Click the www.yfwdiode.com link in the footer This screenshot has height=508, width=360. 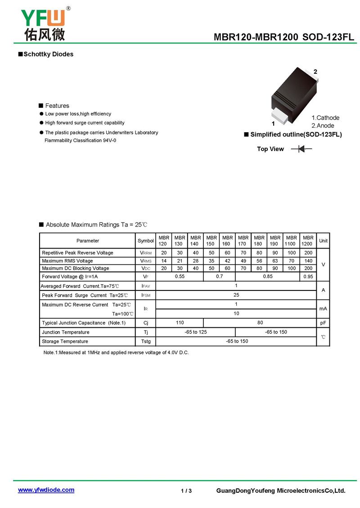pyautogui.click(x=46, y=490)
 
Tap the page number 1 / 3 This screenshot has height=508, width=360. pyautogui.click(x=186, y=490)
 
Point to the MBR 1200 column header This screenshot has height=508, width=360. pyautogui.click(x=308, y=241)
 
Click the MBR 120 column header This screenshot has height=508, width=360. pyautogui.click(x=163, y=241)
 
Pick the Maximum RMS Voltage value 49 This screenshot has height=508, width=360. pyautogui.click(x=243, y=261)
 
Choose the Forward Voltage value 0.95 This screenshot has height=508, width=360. pyautogui.click(x=308, y=276)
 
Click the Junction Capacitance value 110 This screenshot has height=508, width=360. pyautogui.click(x=180, y=322)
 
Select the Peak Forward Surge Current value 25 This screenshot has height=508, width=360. pyautogui.click(x=236, y=295)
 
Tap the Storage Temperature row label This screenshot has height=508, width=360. pyautogui.click(x=65, y=342)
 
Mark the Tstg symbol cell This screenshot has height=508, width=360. pyautogui.click(x=145, y=342)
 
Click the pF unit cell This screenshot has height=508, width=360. pyautogui.click(x=323, y=323)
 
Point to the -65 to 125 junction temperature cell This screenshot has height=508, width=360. pyautogui.click(x=196, y=332)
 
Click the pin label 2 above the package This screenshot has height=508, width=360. pyautogui.click(x=315, y=72)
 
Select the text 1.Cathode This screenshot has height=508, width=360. pyautogui.click(x=325, y=118)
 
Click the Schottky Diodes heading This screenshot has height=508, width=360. pyautogui.click(x=48, y=54)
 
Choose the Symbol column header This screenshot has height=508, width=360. pyautogui.click(x=145, y=241)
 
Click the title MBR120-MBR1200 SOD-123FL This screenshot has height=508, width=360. pyautogui.click(x=284, y=38)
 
